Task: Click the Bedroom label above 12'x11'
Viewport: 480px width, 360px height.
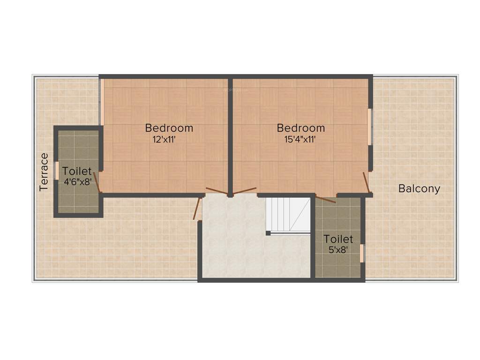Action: tap(169, 127)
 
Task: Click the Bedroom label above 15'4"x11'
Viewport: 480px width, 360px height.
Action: tap(300, 127)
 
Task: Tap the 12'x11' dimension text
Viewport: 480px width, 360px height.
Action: tap(164, 139)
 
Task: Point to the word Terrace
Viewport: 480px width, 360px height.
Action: tap(44, 172)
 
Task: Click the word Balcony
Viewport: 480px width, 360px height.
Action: tap(419, 189)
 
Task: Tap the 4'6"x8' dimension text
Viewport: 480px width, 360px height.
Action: tap(77, 182)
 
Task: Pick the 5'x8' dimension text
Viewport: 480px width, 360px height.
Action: tap(337, 250)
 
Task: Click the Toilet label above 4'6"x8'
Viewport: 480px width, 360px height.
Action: tap(77, 172)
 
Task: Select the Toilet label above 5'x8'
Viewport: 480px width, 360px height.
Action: tap(338, 240)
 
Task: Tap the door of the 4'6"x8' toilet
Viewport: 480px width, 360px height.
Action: tap(97, 182)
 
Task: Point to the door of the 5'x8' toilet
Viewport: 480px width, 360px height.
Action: tap(325, 199)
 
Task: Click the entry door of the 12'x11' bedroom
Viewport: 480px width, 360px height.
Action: tap(217, 191)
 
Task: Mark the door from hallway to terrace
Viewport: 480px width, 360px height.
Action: tap(197, 209)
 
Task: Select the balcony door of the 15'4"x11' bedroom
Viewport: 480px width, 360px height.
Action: tap(367, 182)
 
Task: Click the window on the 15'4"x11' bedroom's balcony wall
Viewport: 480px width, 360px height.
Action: tap(370, 127)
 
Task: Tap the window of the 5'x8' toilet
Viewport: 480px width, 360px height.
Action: tap(362, 253)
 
